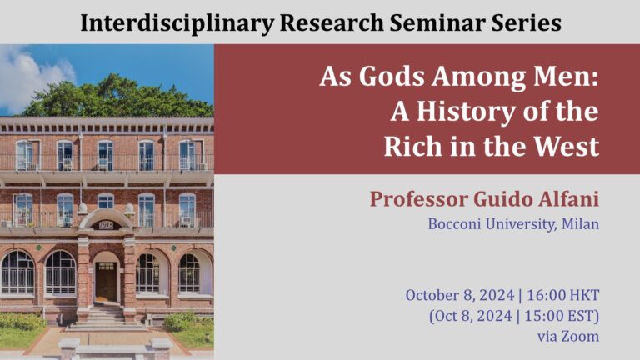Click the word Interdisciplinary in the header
177,23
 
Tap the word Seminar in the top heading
437,22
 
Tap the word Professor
419,200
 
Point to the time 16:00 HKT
562,295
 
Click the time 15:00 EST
559,316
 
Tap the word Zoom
580,337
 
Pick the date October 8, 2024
460,296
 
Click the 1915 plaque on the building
106,225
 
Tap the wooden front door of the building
106,282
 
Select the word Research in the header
332,22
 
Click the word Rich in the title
413,146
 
